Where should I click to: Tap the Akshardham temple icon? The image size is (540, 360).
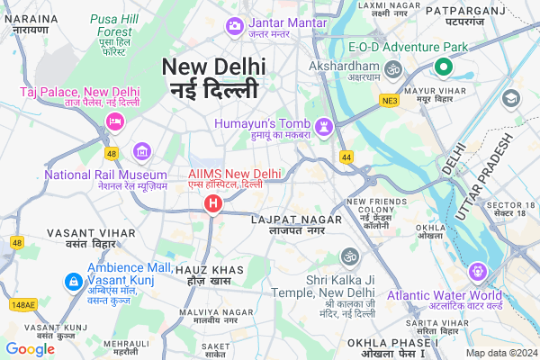click(x=393, y=68)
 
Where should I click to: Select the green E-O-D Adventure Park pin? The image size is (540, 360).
click(x=443, y=66)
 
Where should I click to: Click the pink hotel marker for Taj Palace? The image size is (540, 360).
click(x=115, y=121)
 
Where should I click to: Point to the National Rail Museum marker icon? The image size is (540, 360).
click(x=141, y=151)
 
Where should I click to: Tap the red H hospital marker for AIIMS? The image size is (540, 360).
click(x=212, y=205)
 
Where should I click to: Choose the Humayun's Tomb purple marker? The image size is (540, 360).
click(x=323, y=124)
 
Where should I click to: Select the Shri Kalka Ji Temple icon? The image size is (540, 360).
click(x=347, y=257)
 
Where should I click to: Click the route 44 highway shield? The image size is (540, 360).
click(x=346, y=157)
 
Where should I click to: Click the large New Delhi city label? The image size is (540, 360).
click(x=214, y=77)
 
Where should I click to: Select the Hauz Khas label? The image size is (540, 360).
click(x=209, y=275)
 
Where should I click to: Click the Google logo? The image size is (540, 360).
click(x=30, y=348)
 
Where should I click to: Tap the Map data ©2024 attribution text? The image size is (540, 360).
click(x=499, y=353)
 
